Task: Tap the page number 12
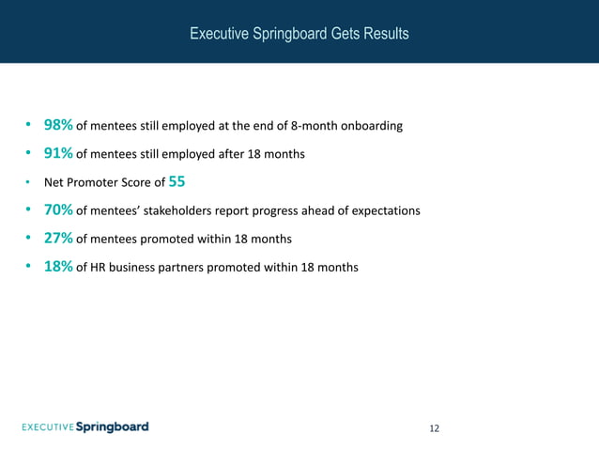point(434,428)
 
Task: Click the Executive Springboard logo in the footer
point(85,427)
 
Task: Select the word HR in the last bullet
point(97,268)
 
